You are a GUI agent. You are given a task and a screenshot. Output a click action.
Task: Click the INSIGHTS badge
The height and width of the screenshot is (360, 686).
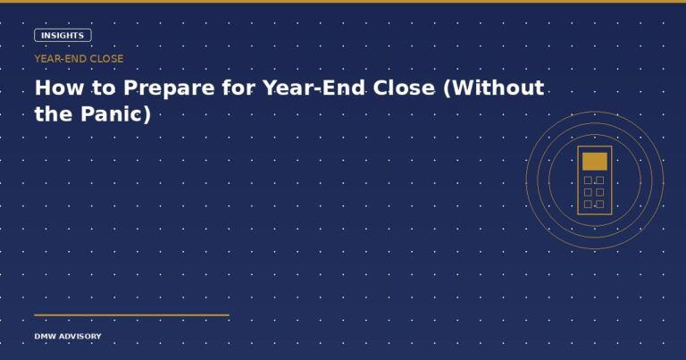pyautogui.click(x=63, y=36)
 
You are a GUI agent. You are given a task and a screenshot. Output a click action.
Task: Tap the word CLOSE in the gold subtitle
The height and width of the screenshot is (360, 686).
pyautogui.click(x=106, y=59)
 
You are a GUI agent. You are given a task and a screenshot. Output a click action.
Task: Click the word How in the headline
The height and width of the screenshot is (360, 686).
pyautogui.click(x=56, y=88)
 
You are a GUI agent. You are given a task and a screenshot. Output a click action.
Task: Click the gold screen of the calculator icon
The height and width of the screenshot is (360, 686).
pyautogui.click(x=594, y=161)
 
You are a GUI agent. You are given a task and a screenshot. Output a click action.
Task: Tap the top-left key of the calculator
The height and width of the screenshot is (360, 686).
pyautogui.click(x=588, y=180)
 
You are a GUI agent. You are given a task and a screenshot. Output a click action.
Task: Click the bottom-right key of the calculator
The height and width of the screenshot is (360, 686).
pyautogui.click(x=599, y=204)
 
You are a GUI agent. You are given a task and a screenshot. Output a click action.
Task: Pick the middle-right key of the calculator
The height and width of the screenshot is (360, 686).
pyautogui.click(x=599, y=192)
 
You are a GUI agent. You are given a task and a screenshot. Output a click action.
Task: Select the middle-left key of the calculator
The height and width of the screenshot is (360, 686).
pyautogui.click(x=588, y=192)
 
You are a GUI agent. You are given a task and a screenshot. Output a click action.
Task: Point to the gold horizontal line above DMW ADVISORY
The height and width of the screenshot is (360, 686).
pyautogui.click(x=131, y=315)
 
